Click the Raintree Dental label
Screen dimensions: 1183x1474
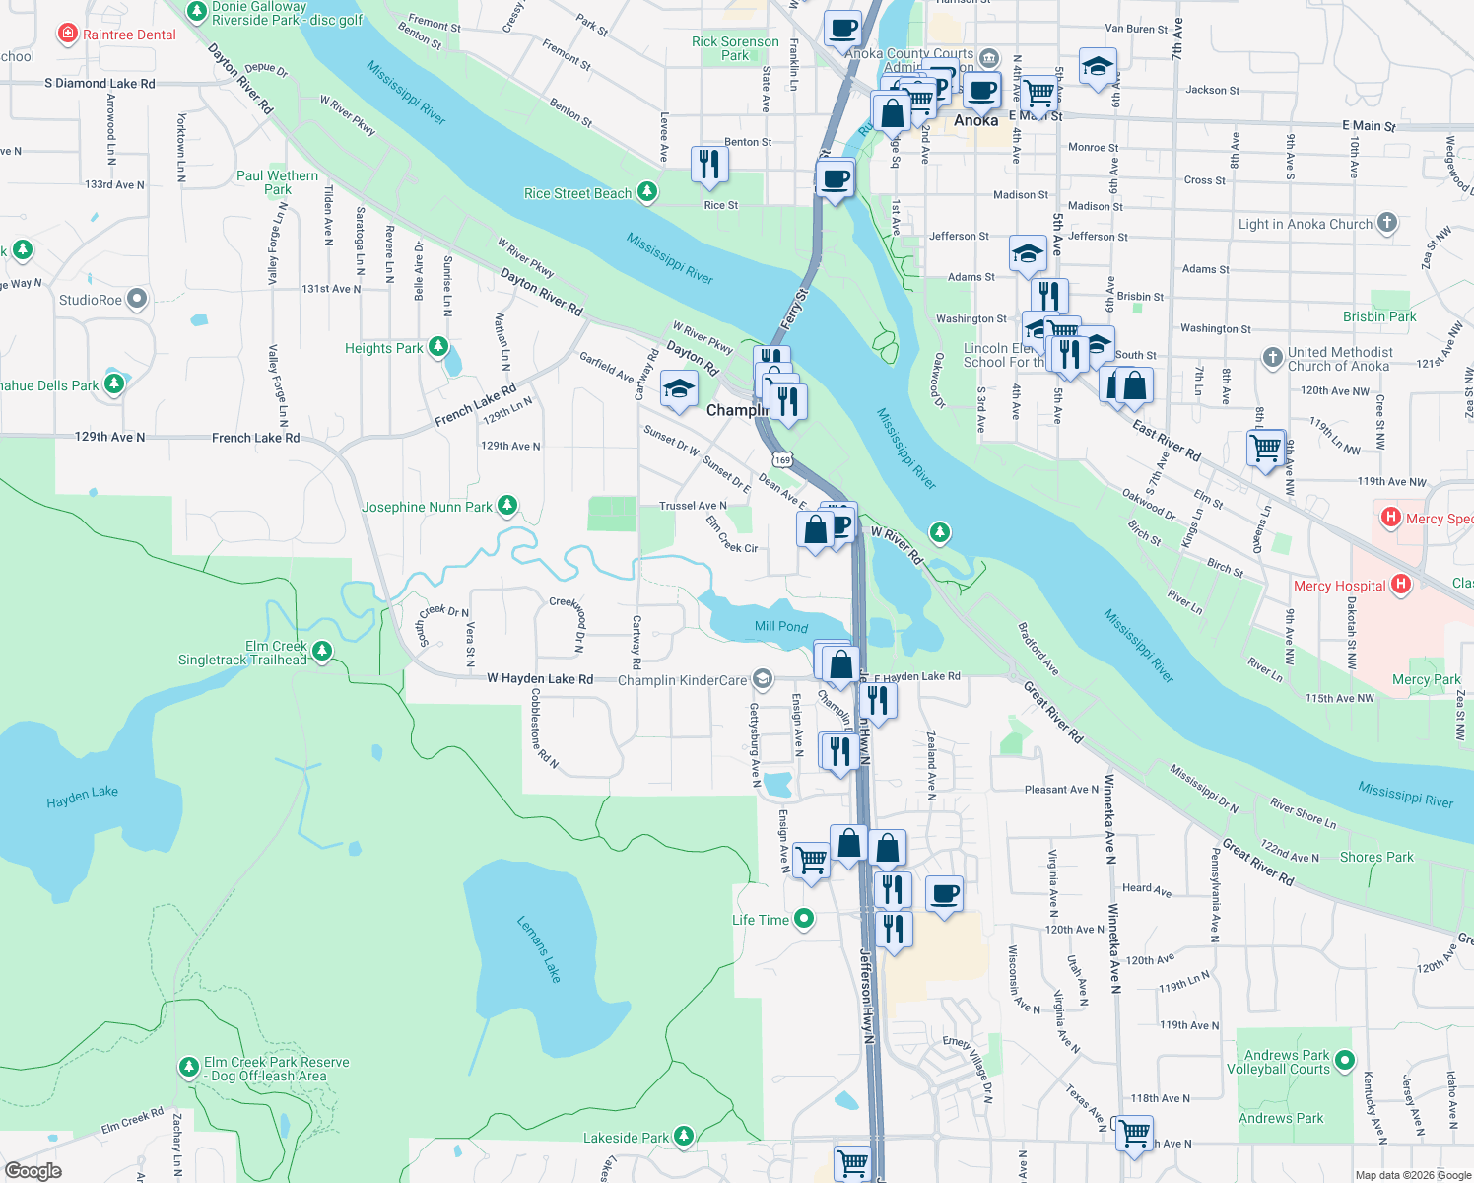129,35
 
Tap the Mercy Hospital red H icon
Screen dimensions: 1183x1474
1400,585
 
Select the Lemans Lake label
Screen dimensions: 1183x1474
539,948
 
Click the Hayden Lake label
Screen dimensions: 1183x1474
82,797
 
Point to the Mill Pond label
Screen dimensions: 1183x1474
780,626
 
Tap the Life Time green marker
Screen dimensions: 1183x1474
804,919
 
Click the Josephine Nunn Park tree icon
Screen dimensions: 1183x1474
507,506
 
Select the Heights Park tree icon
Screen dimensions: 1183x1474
438,347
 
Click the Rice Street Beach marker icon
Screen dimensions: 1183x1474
647,191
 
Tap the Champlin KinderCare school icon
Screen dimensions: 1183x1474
762,679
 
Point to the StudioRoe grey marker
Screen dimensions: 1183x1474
137,299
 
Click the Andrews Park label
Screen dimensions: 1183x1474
1281,1118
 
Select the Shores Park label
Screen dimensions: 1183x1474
1375,857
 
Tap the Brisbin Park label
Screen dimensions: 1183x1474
1378,316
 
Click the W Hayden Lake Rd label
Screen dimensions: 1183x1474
540,678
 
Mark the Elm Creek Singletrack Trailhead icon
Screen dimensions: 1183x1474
322,651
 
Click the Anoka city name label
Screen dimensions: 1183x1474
975,120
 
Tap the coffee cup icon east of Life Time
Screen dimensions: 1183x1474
945,893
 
